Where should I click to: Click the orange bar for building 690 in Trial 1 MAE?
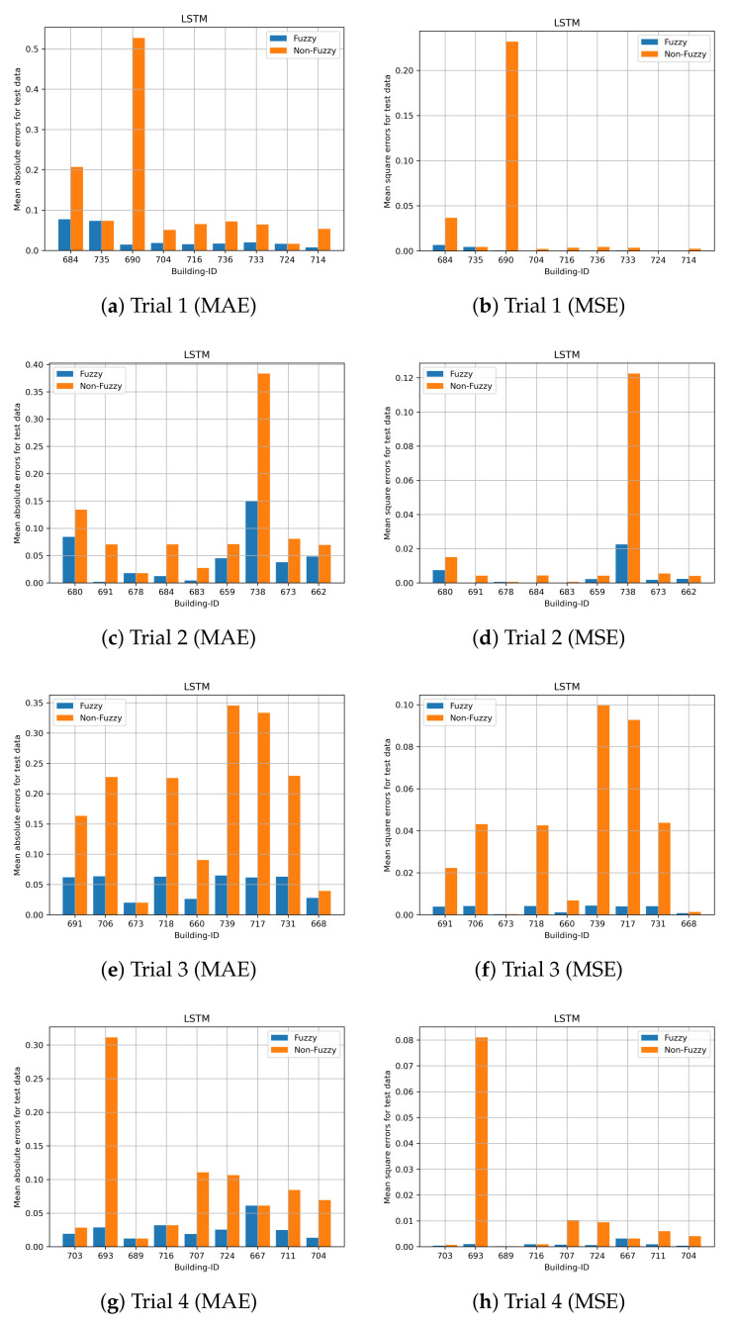[139, 144]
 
